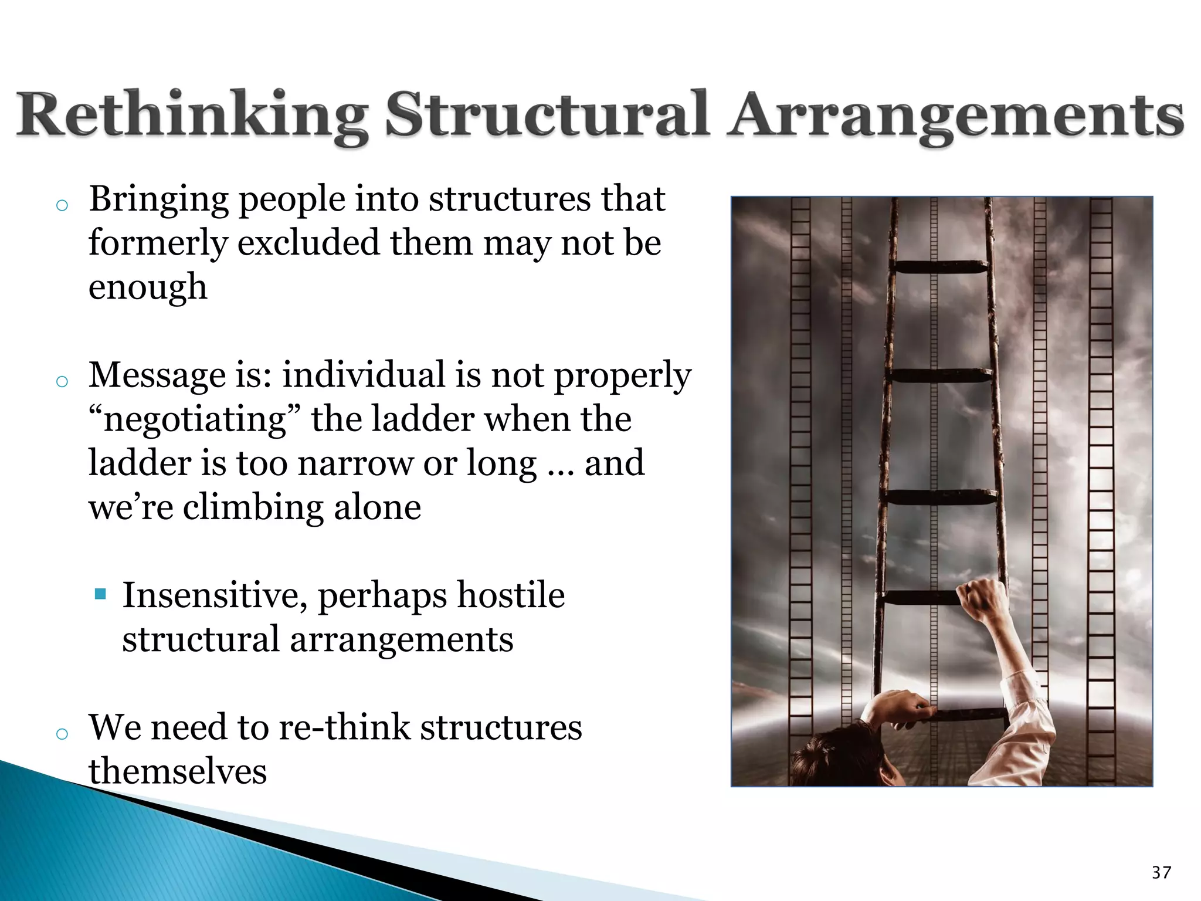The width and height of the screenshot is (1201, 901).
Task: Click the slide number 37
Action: click(x=1161, y=872)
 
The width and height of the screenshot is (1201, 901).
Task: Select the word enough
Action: click(x=148, y=287)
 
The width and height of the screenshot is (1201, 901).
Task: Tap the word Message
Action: click(x=157, y=375)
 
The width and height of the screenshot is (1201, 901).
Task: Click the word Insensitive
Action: click(x=215, y=596)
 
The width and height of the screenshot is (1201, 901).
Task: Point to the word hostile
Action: click(x=511, y=595)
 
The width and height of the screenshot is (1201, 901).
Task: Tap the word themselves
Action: click(x=178, y=771)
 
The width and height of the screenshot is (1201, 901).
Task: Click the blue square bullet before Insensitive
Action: click(x=100, y=594)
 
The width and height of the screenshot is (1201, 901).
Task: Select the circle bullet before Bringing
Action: click(x=62, y=205)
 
